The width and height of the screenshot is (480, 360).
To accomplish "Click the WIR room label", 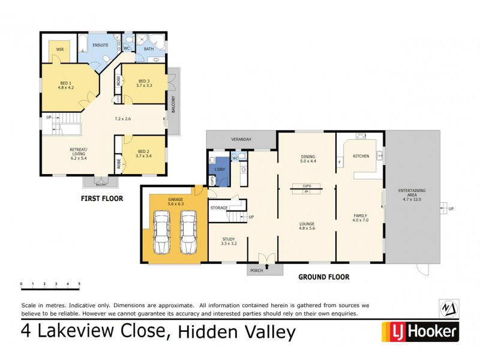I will coord(60,49).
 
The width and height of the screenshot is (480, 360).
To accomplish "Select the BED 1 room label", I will coord(65,83).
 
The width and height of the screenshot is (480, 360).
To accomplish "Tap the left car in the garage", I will coord(161,233).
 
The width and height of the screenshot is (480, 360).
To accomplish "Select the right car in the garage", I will coord(189,233).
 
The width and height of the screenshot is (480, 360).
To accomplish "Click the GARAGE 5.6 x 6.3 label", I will coord(175,201).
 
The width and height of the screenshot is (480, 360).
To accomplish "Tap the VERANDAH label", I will coord(242,140).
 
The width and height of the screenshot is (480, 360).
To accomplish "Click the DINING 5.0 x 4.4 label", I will coord(307,159).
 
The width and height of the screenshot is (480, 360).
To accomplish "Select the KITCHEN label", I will coord(361,156).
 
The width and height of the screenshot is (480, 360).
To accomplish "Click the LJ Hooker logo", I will coord(420,331).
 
